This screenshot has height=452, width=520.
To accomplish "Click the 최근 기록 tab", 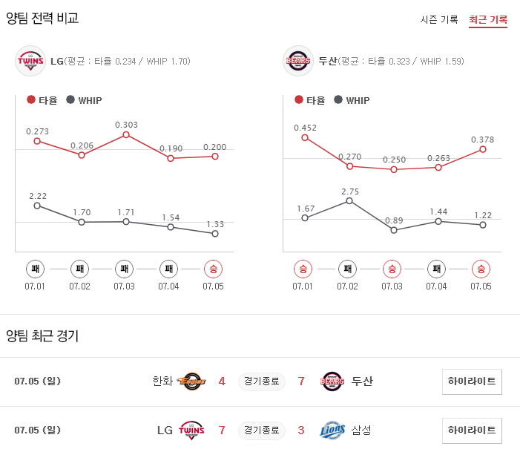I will click(487, 19).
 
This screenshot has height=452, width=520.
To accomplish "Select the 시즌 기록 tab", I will click(439, 19).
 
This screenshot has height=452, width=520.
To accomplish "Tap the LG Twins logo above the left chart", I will click(30, 61).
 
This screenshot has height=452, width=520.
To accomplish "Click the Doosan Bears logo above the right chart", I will click(298, 61).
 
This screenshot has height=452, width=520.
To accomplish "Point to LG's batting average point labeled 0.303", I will click(126, 134).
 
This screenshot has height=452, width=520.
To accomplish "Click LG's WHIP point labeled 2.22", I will click(37, 206).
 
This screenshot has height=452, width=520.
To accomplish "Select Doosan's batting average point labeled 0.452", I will click(305, 137).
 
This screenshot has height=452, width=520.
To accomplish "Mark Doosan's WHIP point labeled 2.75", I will click(349, 200).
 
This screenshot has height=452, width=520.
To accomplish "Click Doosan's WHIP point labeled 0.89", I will click(394, 230).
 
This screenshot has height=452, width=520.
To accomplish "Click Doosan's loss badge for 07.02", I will click(347, 269).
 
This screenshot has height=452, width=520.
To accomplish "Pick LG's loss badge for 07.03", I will click(125, 269).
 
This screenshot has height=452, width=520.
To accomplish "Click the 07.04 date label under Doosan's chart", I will click(436, 286).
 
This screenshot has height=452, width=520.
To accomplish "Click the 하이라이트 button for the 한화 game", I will click(472, 381).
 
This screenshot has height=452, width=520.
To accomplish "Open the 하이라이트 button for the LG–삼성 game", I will click(472, 430).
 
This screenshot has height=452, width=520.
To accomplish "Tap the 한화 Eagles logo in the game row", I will click(191, 381).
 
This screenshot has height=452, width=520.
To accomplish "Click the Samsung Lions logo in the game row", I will click(332, 430).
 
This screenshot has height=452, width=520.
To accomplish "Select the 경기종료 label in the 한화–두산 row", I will click(262, 381).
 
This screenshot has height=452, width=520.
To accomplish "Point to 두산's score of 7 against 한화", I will click(302, 381).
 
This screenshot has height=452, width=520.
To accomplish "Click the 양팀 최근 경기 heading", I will click(42, 335).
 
